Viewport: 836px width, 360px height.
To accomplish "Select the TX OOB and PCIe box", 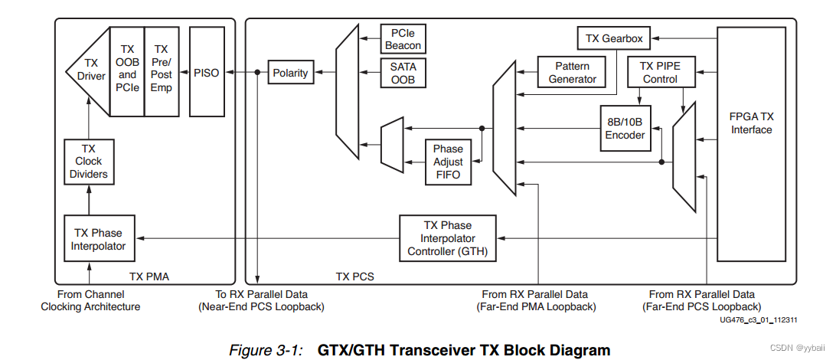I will coord(127,70).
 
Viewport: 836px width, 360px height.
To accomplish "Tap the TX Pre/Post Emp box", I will coord(161,70).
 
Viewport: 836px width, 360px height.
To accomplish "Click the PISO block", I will coord(207,73).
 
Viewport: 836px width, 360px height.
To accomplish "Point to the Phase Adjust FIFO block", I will coord(448,162).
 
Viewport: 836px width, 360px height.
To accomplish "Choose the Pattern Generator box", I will coord(572,72).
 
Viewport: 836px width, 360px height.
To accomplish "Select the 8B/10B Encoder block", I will coord(625,128).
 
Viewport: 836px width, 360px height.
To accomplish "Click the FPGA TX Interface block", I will coord(751,123).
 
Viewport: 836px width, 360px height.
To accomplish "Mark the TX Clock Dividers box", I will coord(89,162).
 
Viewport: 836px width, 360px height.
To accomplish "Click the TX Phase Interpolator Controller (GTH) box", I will coord(448,238).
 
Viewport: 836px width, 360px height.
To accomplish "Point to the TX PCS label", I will coord(354,276).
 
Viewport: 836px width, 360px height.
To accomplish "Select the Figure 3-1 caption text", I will coord(420,350).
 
